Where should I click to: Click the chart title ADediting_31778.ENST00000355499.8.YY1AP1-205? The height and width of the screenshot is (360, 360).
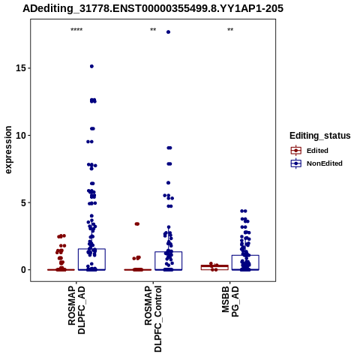coord(153,8)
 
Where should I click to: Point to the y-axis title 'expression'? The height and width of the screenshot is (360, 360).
coord(8,150)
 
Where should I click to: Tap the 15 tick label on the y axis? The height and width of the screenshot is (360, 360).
coord(21,68)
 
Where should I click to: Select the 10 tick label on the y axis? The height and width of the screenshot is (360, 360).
coord(21,135)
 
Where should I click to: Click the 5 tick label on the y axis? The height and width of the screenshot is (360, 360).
coord(23,202)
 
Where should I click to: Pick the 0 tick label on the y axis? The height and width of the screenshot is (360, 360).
coord(23,270)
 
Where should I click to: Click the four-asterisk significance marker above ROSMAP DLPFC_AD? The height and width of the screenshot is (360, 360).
coord(76,30)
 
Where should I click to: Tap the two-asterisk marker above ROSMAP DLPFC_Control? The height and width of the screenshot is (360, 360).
coord(153,30)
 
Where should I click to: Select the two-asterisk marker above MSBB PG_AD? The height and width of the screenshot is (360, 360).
coord(230,30)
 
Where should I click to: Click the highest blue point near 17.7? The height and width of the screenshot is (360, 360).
coord(168,32)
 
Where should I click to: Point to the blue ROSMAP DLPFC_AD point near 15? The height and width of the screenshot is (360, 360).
coord(91,66)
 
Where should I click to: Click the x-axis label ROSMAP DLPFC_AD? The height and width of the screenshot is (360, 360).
coord(76,310)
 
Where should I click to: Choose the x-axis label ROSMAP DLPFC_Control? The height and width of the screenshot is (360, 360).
coord(153,319)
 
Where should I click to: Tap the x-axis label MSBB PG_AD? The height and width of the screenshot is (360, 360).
coord(230,301)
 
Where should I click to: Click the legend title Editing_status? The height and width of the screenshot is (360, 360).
coord(320,136)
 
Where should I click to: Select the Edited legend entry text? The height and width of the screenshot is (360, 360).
coord(317,151)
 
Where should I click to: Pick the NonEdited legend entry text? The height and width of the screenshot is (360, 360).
coord(325,163)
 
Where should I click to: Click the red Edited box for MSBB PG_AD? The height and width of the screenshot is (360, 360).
coord(214,267)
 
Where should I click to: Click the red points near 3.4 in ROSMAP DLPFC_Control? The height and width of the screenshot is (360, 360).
coord(137,224)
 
